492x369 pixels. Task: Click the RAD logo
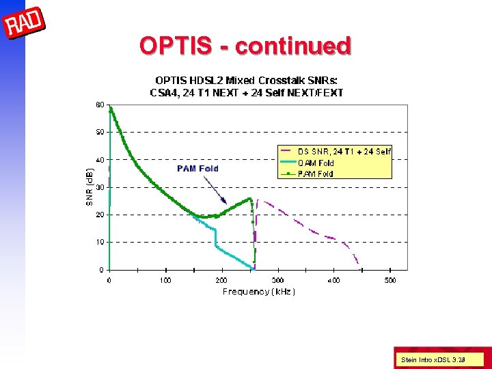[25, 25]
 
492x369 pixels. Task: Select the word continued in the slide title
[293, 46]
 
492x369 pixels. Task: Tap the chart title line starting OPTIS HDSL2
[246, 81]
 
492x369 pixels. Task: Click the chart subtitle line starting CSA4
[246, 92]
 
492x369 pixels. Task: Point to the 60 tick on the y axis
[100, 105]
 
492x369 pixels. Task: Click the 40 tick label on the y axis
[100, 160]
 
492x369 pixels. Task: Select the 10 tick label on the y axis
[100, 242]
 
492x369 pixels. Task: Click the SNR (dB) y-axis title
[89, 187]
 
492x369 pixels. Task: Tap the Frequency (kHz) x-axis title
[258, 292]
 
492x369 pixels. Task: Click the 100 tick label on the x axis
[165, 280]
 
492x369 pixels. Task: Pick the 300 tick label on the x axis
[277, 280]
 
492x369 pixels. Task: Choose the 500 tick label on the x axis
[389, 280]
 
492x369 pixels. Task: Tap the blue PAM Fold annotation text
[197, 168]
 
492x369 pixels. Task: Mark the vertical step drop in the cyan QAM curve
[216, 237]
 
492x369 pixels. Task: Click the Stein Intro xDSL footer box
[441, 359]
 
